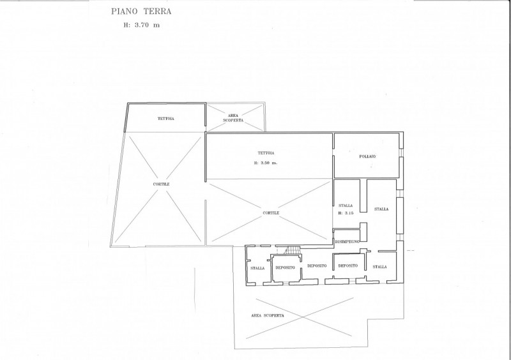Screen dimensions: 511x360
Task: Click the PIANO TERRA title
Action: click(x=141, y=11)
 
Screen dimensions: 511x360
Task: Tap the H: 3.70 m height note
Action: click(x=141, y=25)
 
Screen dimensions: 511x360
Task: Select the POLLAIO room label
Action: click(x=367, y=156)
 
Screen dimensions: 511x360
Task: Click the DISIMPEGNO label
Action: click(x=347, y=241)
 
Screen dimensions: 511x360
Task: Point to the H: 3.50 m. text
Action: click(x=266, y=163)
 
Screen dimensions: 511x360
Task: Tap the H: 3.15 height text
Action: click(x=346, y=213)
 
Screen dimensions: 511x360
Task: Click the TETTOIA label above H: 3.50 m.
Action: click(x=266, y=153)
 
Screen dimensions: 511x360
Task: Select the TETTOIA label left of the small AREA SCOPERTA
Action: click(x=166, y=119)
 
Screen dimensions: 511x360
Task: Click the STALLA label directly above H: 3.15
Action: click(x=346, y=206)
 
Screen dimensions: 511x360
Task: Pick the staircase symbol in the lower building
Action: click(x=293, y=250)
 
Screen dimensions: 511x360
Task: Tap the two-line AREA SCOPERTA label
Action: click(x=233, y=117)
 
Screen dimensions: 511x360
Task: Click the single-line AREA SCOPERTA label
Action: click(x=268, y=315)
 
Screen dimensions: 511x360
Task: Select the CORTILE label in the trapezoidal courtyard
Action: click(x=162, y=184)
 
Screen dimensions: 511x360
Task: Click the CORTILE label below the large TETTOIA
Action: click(x=271, y=213)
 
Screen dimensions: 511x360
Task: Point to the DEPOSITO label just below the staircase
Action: click(x=285, y=267)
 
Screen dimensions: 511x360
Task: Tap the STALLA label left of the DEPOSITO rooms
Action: click(x=257, y=268)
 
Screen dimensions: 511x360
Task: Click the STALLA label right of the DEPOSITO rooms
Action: click(x=379, y=267)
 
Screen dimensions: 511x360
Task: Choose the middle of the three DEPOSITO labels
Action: click(x=317, y=266)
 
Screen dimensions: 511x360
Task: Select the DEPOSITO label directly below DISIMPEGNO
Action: click(x=347, y=266)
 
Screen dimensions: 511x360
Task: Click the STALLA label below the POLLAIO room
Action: click(x=381, y=209)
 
